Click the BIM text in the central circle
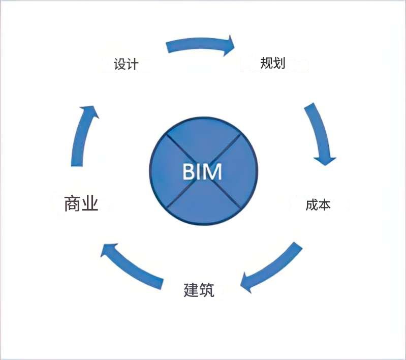(x=202, y=172)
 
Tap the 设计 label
(x=126, y=65)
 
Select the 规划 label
(x=272, y=63)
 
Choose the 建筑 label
(x=199, y=290)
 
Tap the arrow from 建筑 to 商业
(x=132, y=265)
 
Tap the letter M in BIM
(x=213, y=172)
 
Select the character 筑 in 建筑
(x=207, y=290)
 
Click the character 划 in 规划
(x=279, y=63)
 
